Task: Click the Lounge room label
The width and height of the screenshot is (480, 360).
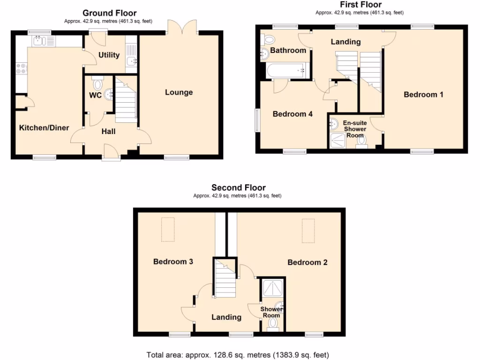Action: (179, 92)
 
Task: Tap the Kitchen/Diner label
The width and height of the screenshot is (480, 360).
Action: (44, 128)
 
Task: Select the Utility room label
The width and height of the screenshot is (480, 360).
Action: (109, 55)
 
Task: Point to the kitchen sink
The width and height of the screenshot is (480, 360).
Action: (41, 41)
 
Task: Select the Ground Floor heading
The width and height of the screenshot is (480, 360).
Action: (109, 13)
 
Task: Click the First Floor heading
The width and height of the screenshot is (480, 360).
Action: (360, 5)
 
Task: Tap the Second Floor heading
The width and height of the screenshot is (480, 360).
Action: (238, 188)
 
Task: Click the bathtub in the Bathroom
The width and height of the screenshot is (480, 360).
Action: (285, 72)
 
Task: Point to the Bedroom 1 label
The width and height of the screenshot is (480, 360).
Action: (423, 95)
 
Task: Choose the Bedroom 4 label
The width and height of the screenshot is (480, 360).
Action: (292, 114)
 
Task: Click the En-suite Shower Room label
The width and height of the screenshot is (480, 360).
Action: (355, 129)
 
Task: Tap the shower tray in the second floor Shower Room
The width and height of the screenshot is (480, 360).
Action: (273, 288)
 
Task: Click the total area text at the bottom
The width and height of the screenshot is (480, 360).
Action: (238, 355)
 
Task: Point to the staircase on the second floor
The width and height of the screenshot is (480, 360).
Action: (225, 280)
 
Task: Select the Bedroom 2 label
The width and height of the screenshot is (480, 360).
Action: (307, 262)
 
